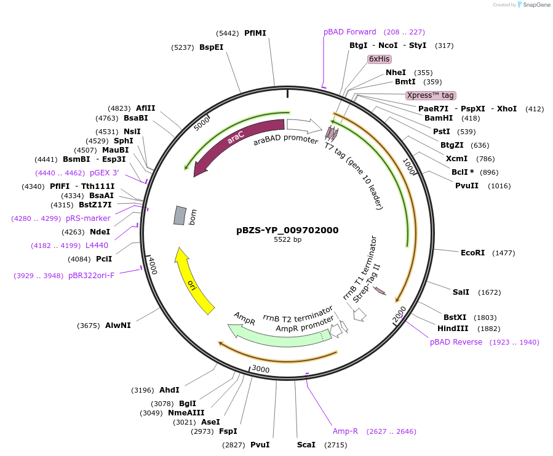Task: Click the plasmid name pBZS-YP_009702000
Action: pyautogui.click(x=287, y=230)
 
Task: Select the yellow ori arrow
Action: pyautogui.click(x=194, y=281)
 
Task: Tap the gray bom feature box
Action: pyautogui.click(x=180, y=215)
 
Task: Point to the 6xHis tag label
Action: pyautogui.click(x=379, y=59)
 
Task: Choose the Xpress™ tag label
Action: pyautogui.click(x=431, y=95)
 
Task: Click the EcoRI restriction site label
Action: pyautogui.click(x=472, y=253)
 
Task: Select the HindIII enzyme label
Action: pyautogui.click(x=452, y=329)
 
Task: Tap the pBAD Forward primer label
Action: pyautogui.click(x=350, y=32)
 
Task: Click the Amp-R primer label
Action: pyautogui.click(x=345, y=431)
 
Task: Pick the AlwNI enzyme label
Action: pyautogui.click(x=117, y=326)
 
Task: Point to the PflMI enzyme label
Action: pyautogui.click(x=255, y=33)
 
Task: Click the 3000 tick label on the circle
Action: pyautogui.click(x=261, y=369)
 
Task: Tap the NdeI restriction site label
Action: pyautogui.click(x=100, y=232)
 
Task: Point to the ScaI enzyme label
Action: pyautogui.click(x=306, y=444)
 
